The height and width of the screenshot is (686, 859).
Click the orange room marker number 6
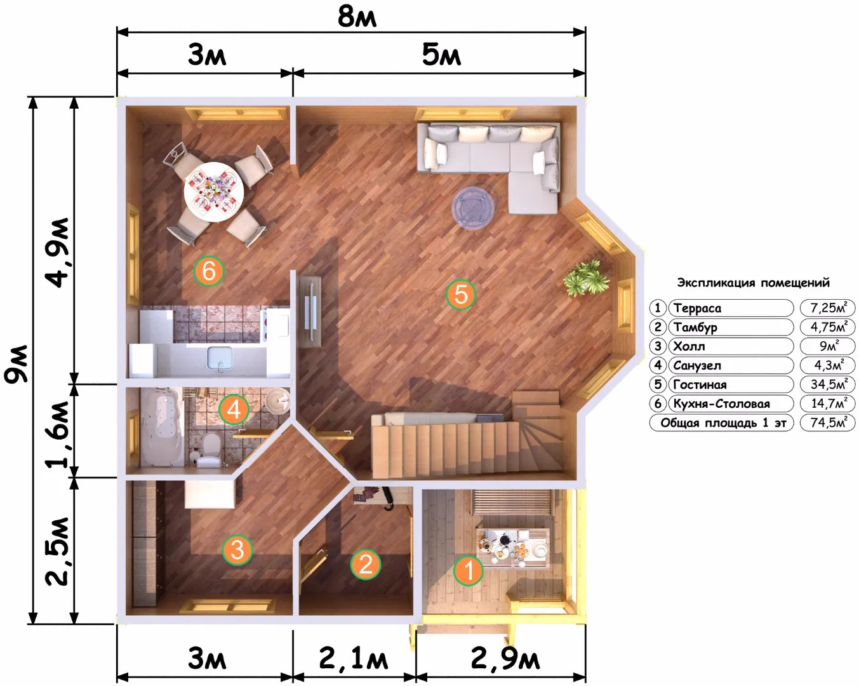click(209, 271)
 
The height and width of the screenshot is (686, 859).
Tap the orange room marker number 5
click(461, 295)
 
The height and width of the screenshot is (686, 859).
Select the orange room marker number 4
click(234, 410)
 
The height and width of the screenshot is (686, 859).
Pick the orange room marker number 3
click(237, 550)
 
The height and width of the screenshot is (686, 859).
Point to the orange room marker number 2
click(365, 565)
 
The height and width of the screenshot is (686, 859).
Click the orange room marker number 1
click(469, 570)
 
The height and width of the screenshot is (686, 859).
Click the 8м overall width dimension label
click(357, 18)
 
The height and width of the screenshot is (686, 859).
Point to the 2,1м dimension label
click(353, 659)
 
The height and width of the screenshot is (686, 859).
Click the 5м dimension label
click(441, 54)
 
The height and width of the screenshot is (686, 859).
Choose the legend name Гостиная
click(700, 384)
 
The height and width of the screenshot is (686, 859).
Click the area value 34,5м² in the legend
click(829, 384)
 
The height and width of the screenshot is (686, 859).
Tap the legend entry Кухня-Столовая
click(721, 404)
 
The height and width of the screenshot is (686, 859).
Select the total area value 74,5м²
click(829, 422)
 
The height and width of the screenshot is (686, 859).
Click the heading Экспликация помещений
click(753, 283)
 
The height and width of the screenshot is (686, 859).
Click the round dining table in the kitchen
click(214, 192)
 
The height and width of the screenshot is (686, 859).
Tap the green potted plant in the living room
click(586, 278)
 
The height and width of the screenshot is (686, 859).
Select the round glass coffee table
click(472, 207)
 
